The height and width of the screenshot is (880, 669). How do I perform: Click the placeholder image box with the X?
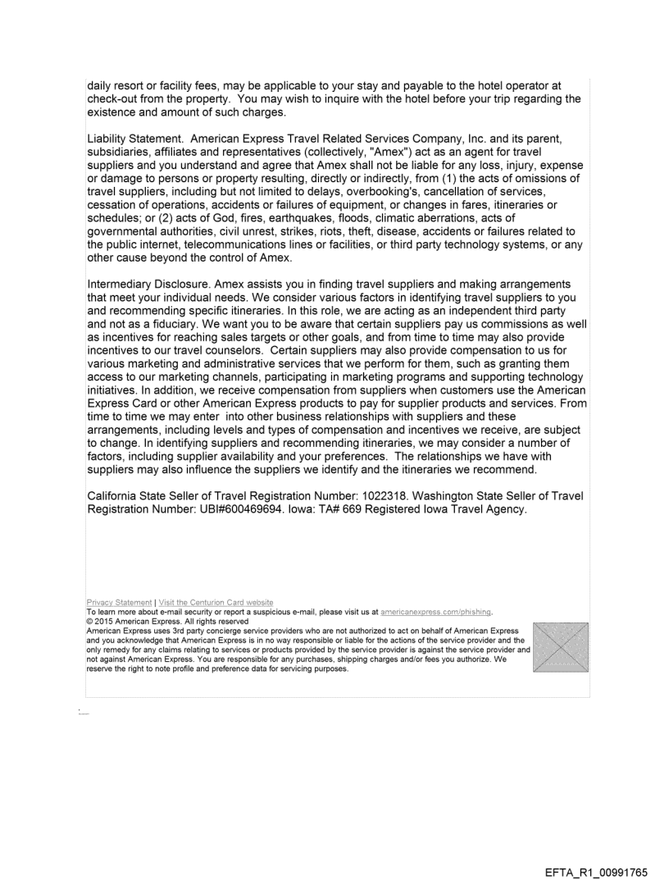(x=561, y=647)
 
